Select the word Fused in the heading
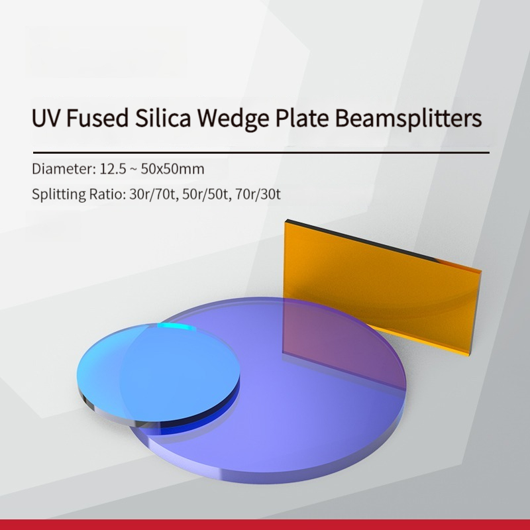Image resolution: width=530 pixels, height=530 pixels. click(97, 118)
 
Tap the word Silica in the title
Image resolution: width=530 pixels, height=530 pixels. click(163, 118)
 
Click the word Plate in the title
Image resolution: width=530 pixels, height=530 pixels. click(302, 118)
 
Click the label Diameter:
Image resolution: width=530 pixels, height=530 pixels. click(64, 169)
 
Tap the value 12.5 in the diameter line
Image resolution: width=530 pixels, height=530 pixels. click(113, 169)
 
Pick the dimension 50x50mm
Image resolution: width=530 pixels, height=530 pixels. click(172, 169)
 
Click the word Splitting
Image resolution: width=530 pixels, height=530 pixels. click(58, 195)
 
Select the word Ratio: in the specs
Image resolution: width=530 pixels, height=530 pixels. click(107, 194)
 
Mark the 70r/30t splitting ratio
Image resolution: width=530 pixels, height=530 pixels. click(258, 194)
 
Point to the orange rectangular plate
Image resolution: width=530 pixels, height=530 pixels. click(382, 288)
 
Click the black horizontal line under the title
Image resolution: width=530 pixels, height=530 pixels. click(261, 153)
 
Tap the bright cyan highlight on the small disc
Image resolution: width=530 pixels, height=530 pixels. click(176, 327)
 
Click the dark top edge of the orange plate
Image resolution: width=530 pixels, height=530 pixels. click(360, 240)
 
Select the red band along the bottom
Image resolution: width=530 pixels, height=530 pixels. click(265, 525)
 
